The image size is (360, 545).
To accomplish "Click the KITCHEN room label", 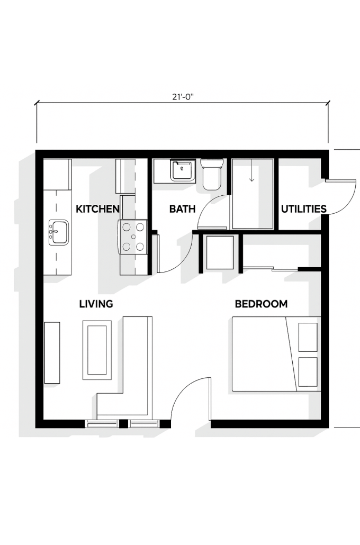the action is (97, 209).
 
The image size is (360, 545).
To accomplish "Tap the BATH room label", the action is (182, 209).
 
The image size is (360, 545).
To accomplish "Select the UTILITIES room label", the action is (304, 209).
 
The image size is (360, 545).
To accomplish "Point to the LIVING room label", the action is (96, 304).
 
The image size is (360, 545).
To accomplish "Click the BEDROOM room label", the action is (261, 304).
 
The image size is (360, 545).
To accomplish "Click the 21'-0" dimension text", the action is (182, 97).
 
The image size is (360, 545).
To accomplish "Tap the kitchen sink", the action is (58, 232).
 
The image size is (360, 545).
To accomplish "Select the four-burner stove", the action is (133, 237).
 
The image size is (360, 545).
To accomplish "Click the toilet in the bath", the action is (212, 174).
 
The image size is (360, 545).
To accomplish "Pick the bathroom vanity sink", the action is (182, 170).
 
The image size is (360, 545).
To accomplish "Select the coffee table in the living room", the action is (97, 350).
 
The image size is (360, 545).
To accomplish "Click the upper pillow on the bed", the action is (308, 337).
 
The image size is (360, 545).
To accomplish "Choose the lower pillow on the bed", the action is (308, 371).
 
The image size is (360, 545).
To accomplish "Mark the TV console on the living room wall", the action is (52, 352).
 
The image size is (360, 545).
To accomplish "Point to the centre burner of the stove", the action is (133, 237).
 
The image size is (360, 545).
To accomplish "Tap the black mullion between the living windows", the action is (123, 424).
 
